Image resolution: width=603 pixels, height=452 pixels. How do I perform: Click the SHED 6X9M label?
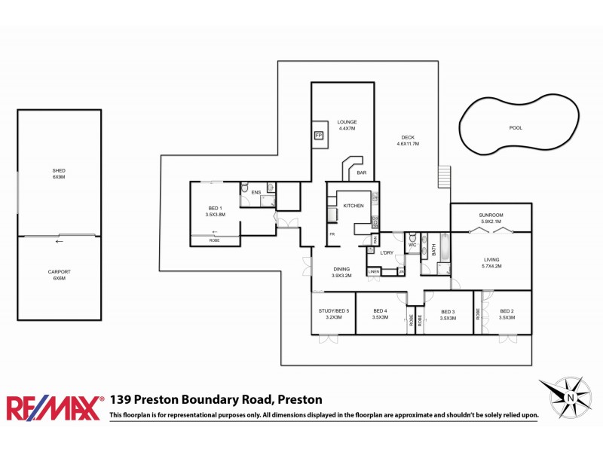coord(59,174)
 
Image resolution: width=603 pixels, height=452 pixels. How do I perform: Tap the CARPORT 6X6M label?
coord(59,275)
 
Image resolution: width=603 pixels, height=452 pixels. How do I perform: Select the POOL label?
coord(516,128)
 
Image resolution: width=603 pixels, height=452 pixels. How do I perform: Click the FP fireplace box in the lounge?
coord(318,136)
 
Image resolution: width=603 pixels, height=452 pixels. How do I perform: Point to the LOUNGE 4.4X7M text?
coord(347,125)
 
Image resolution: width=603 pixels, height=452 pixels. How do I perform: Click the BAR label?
coord(362,173)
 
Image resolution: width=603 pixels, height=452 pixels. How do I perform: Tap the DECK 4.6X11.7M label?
coord(408,141)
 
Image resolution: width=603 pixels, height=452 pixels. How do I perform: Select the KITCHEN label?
coord(354,206)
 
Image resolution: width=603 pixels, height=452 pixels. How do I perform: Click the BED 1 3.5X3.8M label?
coord(215,212)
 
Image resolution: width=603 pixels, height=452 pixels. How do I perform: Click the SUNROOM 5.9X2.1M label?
coord(491,218)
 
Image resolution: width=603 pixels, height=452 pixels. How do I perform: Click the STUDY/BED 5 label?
coord(333,315)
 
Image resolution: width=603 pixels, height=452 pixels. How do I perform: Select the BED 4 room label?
coord(380,315)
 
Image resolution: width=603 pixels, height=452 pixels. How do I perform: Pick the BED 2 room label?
coord(507,315)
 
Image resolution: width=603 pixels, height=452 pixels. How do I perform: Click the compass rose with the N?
coord(570,396)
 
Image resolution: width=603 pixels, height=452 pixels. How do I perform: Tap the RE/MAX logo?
coord(54,408)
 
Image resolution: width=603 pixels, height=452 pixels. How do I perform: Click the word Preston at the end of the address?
coord(300,400)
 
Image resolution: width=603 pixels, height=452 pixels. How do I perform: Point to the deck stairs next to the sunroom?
coord(444,178)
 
